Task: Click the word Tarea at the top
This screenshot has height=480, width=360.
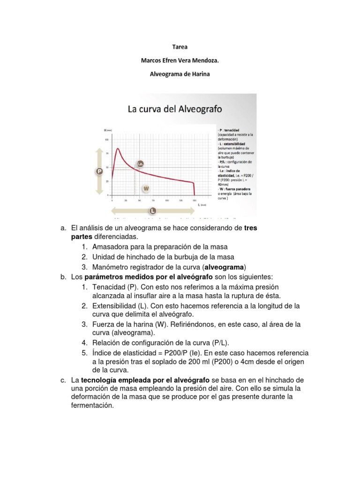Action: (x=180, y=47)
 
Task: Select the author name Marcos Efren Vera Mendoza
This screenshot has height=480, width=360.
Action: (x=180, y=60)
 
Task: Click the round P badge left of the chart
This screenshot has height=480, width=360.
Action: (x=99, y=172)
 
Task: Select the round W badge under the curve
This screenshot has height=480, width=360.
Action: (x=146, y=188)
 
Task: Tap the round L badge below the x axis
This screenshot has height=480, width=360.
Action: (x=153, y=210)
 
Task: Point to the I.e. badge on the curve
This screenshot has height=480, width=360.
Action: (x=140, y=164)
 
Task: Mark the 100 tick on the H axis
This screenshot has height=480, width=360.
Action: (x=106, y=140)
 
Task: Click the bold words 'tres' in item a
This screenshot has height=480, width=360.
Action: (x=251, y=228)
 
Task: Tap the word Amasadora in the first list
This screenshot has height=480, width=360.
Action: (x=111, y=247)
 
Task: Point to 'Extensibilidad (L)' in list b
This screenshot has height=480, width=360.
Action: (x=120, y=306)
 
